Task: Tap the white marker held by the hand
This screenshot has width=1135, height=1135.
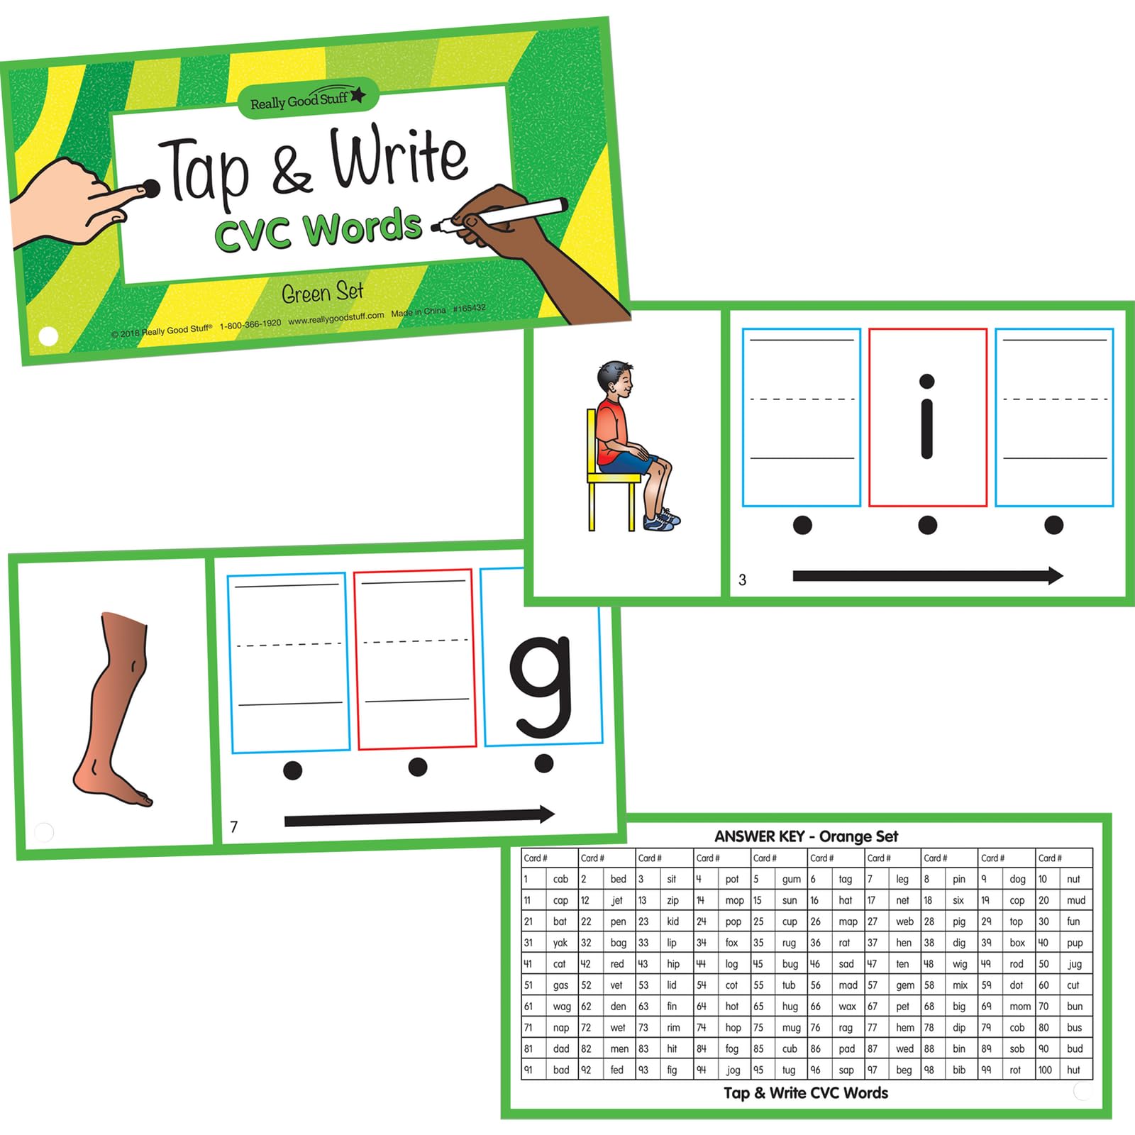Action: (x=500, y=214)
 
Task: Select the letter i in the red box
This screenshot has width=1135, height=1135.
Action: (x=926, y=416)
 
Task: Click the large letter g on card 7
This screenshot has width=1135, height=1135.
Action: (x=541, y=687)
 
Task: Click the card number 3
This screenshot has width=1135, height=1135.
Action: (x=742, y=580)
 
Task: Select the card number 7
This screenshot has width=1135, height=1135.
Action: (x=234, y=826)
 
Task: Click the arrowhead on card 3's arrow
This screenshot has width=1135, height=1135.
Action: (x=1054, y=575)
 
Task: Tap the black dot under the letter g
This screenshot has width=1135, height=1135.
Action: (x=544, y=763)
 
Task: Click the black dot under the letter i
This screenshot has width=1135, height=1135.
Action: (x=927, y=525)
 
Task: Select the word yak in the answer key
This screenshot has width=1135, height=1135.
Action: (x=560, y=943)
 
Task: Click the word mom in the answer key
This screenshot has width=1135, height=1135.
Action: (x=1020, y=1006)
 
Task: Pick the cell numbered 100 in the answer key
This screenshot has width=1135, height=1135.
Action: (x=1045, y=1070)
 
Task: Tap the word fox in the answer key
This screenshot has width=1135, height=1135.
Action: (x=731, y=943)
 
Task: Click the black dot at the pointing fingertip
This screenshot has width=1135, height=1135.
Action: (x=151, y=189)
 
